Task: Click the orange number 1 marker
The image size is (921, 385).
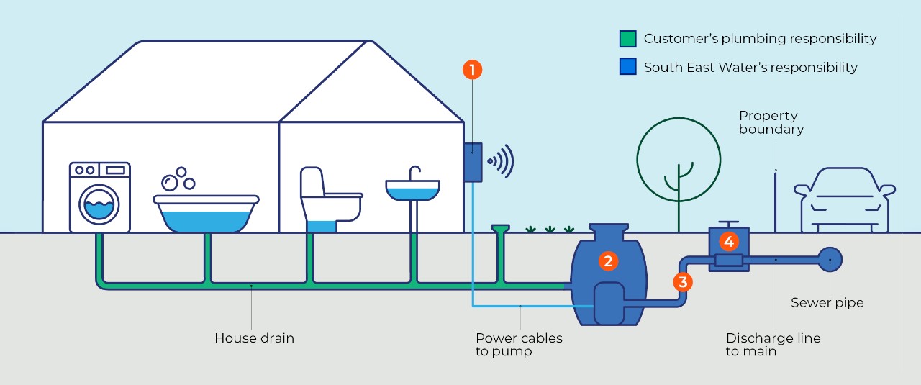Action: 472,70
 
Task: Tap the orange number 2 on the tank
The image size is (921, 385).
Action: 608,261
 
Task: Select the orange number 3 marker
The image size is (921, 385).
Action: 683,281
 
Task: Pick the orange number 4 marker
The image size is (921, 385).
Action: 728,242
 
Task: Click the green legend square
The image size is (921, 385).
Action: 627,39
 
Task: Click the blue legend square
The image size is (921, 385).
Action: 627,67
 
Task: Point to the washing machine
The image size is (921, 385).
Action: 100,197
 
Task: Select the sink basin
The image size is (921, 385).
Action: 412,190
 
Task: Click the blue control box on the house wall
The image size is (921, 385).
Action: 472,162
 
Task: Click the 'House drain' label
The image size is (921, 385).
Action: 254,338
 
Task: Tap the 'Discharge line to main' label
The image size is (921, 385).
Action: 773,344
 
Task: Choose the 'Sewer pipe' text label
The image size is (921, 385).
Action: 827,302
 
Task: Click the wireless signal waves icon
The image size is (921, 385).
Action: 501,160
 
